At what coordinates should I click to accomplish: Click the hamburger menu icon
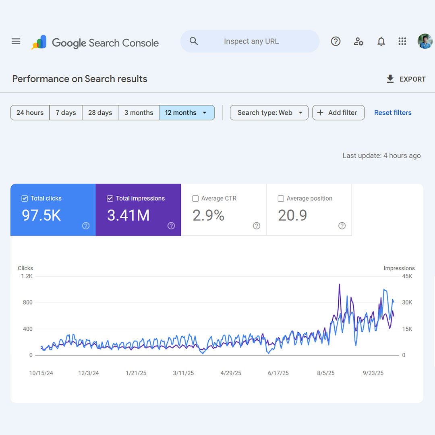coord(16,41)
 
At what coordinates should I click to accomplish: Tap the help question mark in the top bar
coord(336,41)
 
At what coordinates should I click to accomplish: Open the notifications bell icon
coord(381,41)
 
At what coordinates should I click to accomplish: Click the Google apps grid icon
coord(402,41)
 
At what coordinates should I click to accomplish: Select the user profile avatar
coord(425,41)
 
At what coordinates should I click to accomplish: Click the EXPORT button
coord(406,79)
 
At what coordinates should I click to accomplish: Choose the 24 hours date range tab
coord(30,113)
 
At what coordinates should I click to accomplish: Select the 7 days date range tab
coord(66,113)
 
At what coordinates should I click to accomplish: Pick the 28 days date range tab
coord(100,113)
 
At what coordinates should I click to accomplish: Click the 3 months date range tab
coord(139,113)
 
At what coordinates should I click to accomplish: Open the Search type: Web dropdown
coord(269,113)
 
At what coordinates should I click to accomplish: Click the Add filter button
coord(338,113)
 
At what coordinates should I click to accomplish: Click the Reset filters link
coord(393,113)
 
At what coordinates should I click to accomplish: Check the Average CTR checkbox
coord(195,199)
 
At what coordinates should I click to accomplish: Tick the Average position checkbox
coord(281,199)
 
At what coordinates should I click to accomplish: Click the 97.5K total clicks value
coord(41,215)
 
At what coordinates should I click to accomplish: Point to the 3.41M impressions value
coord(128,215)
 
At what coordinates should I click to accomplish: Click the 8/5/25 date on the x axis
coord(326,373)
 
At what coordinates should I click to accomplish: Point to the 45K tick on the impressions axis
coord(407,276)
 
